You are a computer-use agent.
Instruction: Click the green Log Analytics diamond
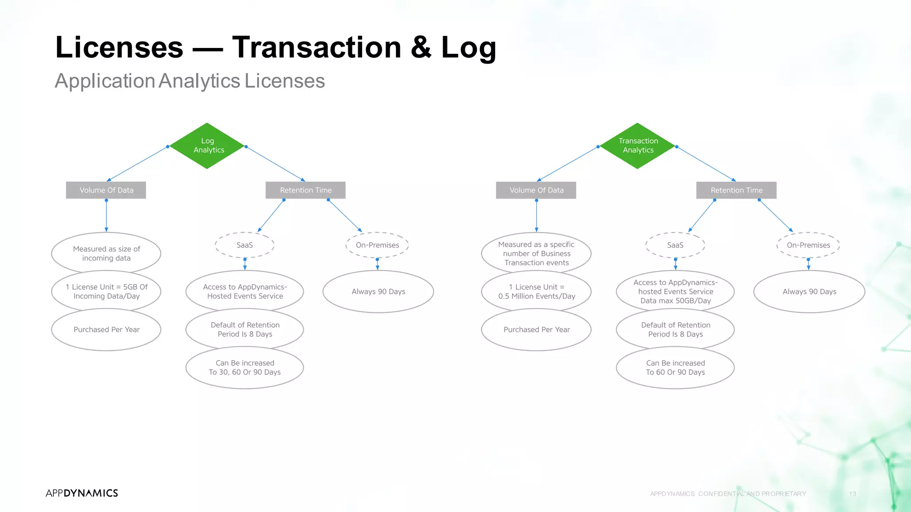pyautogui.click(x=207, y=146)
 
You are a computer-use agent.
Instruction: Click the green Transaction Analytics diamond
pyautogui.click(x=637, y=146)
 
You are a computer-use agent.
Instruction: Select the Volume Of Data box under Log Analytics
pyautogui.click(x=106, y=190)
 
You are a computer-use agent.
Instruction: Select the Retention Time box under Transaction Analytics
pyautogui.click(x=736, y=190)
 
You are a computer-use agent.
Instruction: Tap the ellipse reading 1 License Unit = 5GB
pyautogui.click(x=106, y=292)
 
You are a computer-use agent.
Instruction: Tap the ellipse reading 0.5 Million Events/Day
pyautogui.click(x=536, y=292)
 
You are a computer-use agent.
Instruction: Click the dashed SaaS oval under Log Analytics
pyautogui.click(x=245, y=245)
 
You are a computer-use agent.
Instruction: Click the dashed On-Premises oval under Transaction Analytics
pyautogui.click(x=808, y=245)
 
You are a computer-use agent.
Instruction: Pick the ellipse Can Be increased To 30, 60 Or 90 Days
pyautogui.click(x=245, y=368)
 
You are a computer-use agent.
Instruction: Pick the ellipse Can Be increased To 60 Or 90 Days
pyautogui.click(x=675, y=368)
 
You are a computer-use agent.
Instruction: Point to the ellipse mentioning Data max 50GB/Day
pyautogui.click(x=675, y=292)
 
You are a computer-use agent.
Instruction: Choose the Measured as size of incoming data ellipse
pyautogui.click(x=106, y=253)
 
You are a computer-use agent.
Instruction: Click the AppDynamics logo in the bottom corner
pyautogui.click(x=82, y=493)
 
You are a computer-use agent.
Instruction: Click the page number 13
pyautogui.click(x=852, y=494)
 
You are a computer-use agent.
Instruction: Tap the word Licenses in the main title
pyautogui.click(x=119, y=47)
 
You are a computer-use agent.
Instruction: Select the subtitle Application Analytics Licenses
pyautogui.click(x=190, y=81)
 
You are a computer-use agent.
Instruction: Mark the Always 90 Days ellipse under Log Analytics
pyautogui.click(x=378, y=292)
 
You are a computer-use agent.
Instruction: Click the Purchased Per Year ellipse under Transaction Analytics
pyautogui.click(x=536, y=329)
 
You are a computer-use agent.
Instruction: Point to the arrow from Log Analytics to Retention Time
pyautogui.click(x=275, y=164)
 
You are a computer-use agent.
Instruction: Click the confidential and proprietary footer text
pyautogui.click(x=728, y=494)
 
